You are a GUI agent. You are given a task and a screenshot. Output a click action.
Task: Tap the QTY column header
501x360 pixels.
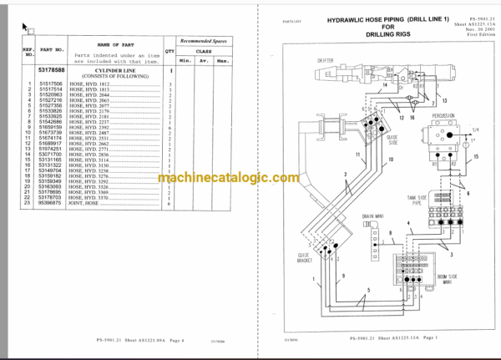click(x=170, y=50)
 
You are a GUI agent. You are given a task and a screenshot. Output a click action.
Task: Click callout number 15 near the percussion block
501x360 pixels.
click(x=476, y=156)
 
